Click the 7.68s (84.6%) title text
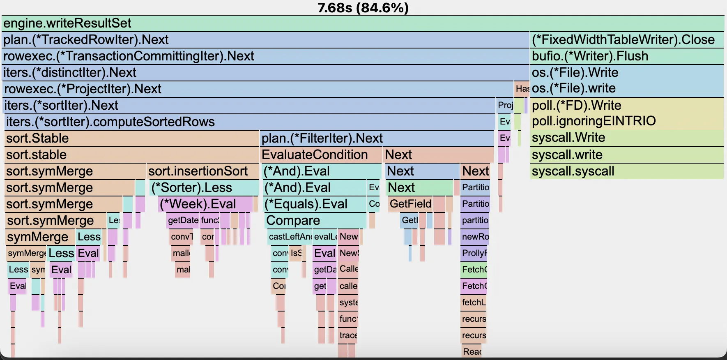(x=363, y=7)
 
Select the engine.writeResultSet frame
(x=363, y=23)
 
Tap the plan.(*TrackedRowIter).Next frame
(x=265, y=40)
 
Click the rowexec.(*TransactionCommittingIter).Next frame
(x=265, y=56)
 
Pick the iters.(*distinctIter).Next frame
(x=265, y=73)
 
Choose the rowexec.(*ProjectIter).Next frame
(x=258, y=89)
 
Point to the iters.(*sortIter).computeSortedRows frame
(x=250, y=122)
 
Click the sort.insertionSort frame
(x=203, y=171)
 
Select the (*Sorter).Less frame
(x=204, y=188)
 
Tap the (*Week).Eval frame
(x=205, y=204)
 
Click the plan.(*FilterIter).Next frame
(x=377, y=138)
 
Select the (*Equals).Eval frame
(x=314, y=204)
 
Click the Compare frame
(x=315, y=221)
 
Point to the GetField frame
(x=410, y=204)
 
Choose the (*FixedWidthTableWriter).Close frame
(x=626, y=40)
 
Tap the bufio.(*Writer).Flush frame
(x=626, y=56)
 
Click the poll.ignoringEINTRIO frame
(x=626, y=121)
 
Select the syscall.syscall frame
(x=626, y=171)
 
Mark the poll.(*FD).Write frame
(x=626, y=106)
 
